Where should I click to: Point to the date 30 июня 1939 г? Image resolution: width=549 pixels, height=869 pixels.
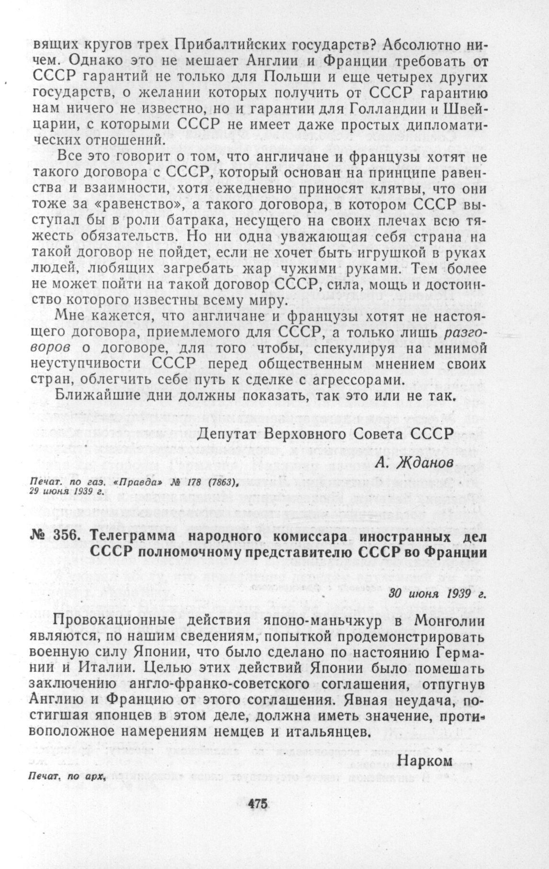coord(437,593)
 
